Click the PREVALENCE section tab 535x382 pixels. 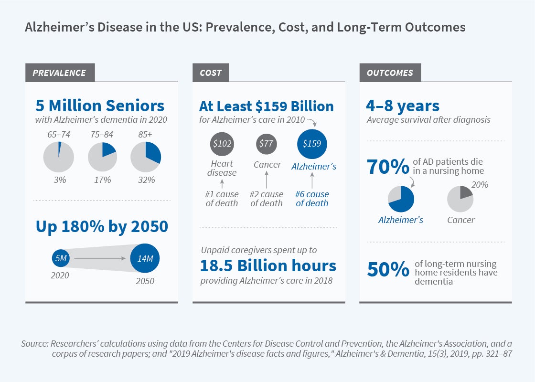59,73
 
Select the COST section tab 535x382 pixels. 211,73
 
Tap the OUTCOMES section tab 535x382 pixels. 390,73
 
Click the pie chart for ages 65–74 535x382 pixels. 58,157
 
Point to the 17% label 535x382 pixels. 102,180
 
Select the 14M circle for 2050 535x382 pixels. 145,259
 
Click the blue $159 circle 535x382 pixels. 311,143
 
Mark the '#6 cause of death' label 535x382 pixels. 312,199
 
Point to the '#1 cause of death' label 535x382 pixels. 222,199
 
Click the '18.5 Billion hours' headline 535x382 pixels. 268,265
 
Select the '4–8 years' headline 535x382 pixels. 403,106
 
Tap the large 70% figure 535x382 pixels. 387,167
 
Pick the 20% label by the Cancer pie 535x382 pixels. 480,185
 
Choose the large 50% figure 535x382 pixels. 387,270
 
